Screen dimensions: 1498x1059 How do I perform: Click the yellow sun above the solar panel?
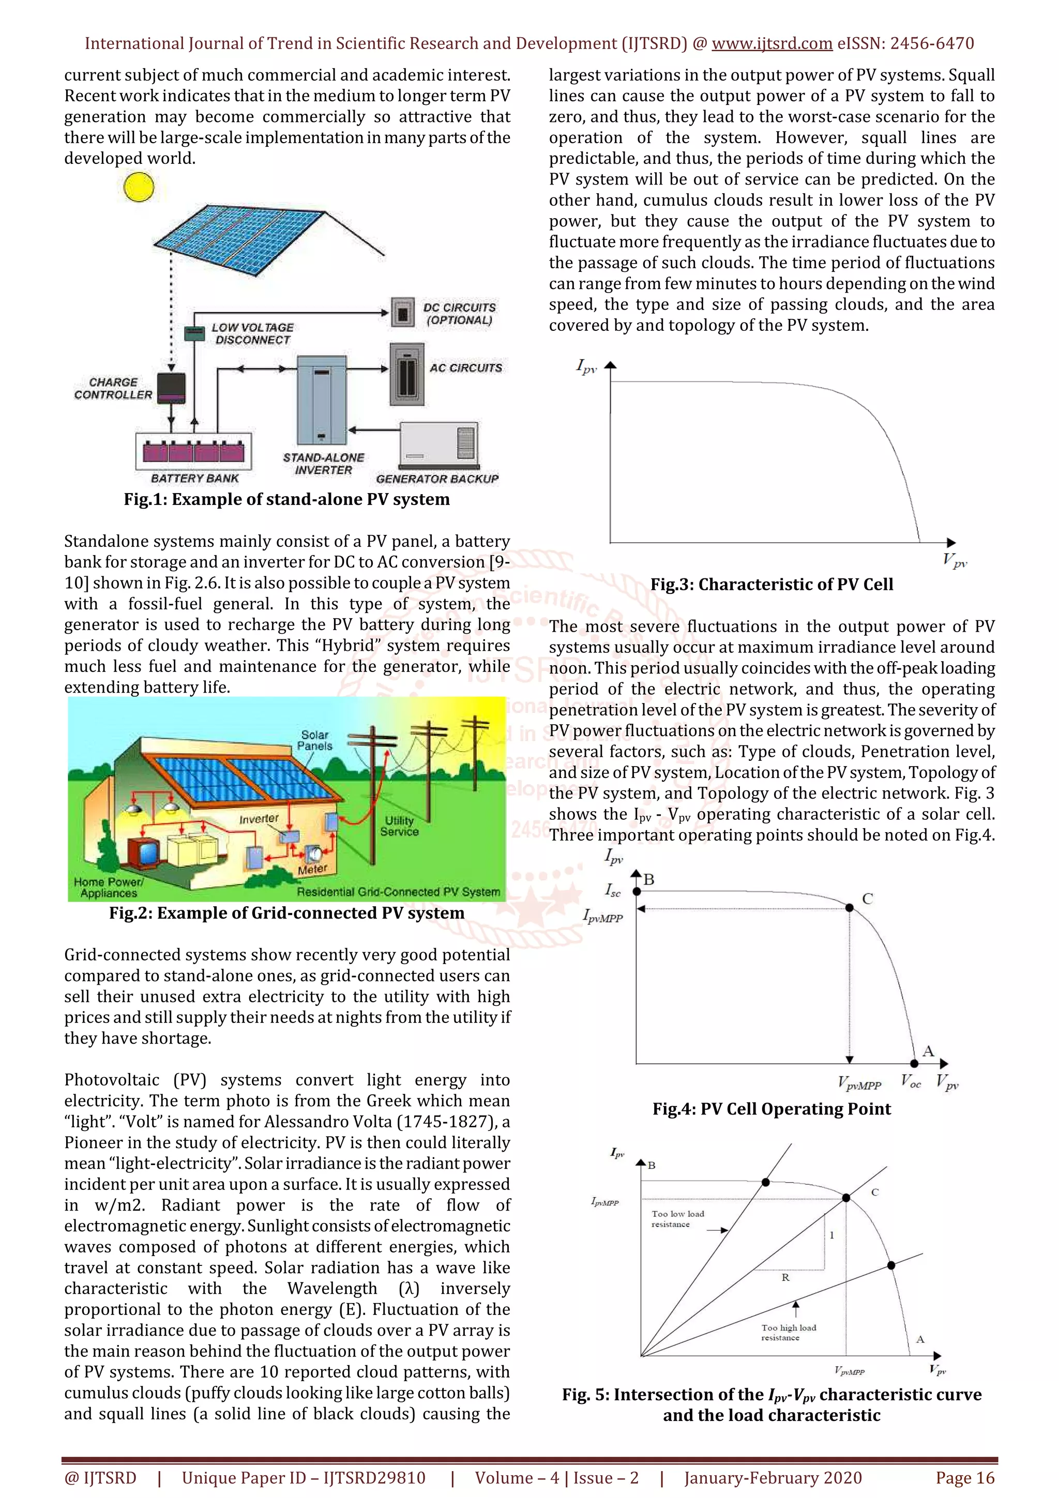point(139,187)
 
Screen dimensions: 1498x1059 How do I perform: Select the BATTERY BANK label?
point(194,478)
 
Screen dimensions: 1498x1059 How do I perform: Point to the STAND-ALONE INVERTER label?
point(323,463)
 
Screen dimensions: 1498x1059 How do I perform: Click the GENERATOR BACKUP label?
point(437,479)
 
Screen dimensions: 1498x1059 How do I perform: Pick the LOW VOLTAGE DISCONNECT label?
point(252,333)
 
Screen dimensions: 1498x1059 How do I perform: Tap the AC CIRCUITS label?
point(465,368)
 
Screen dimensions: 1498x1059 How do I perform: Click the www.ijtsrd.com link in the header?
point(772,44)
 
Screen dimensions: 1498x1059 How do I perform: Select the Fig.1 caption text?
point(286,499)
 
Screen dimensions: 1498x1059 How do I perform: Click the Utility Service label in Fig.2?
point(399,826)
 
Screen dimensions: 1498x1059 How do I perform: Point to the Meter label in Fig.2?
point(312,869)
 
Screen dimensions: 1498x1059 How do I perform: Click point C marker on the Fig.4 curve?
point(849,908)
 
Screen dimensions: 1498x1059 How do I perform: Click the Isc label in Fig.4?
point(613,890)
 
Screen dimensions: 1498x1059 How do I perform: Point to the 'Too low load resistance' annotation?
point(677,1219)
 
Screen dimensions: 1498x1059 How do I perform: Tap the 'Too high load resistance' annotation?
point(788,1332)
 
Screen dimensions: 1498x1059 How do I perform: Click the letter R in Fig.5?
point(785,1277)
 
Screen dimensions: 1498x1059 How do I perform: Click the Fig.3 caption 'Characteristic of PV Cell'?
point(771,585)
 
